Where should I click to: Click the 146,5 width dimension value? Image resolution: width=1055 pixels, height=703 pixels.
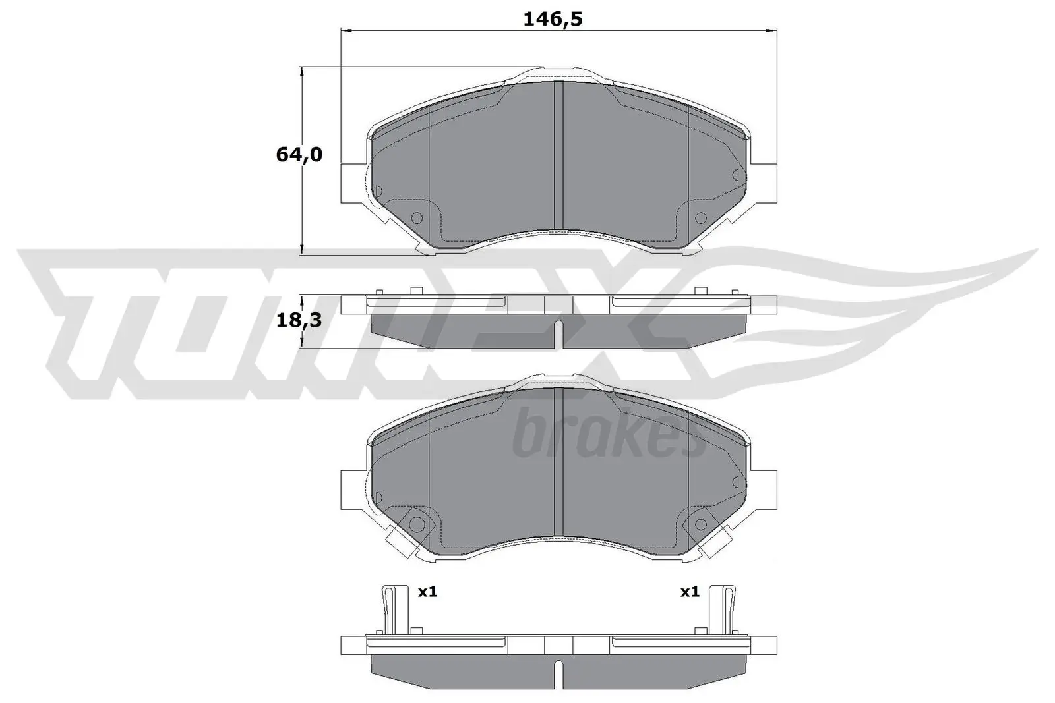[x=553, y=19]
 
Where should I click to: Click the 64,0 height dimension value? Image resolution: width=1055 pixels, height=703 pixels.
[x=299, y=155]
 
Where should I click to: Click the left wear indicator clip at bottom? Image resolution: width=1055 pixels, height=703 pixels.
[x=390, y=609]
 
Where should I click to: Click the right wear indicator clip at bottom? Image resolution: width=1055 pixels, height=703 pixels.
[x=727, y=609]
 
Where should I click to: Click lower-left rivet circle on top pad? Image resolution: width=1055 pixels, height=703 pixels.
[x=416, y=218]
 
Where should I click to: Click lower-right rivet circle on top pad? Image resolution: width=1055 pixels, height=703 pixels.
[x=700, y=217]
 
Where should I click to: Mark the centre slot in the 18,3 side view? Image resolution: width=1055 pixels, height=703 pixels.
[x=558, y=333]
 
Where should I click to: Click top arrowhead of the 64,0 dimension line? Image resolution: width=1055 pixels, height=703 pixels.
[x=302, y=70]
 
